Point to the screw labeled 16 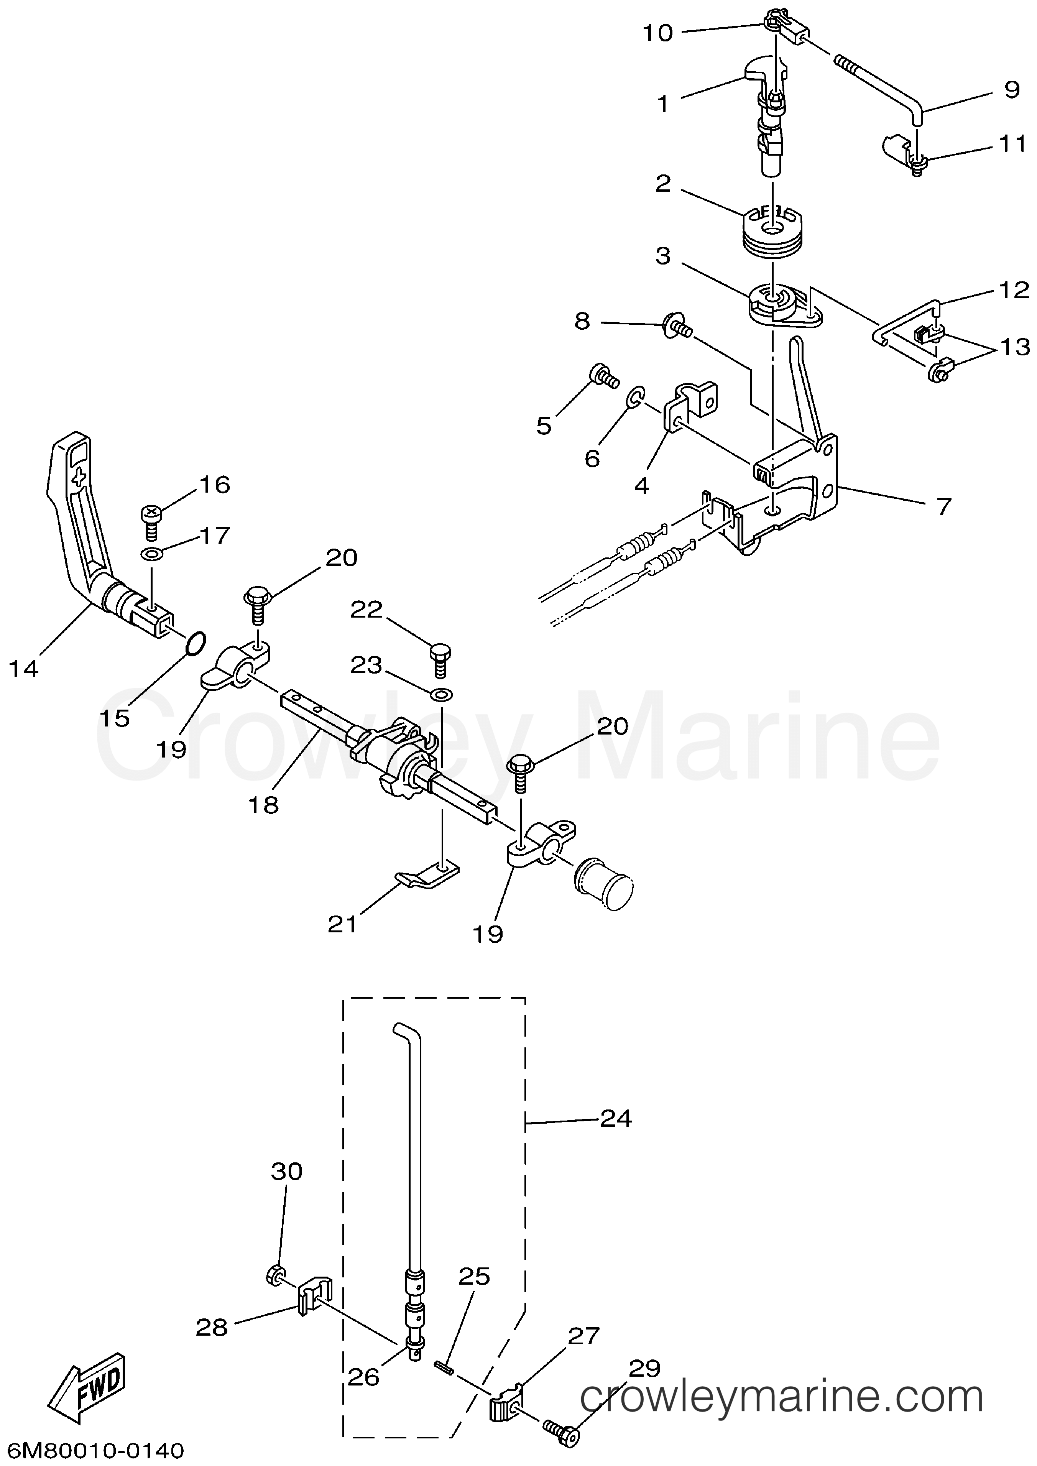click(x=151, y=521)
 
